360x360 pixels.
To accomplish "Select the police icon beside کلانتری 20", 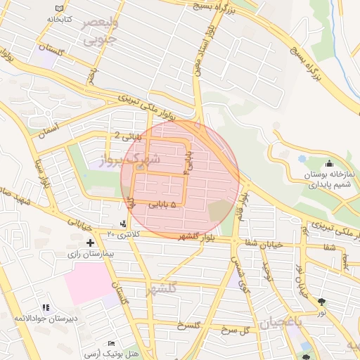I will (x=124, y=224).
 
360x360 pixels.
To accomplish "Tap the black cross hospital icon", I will (x=90, y=242).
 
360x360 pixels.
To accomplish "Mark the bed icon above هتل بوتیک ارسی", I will (x=111, y=343).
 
